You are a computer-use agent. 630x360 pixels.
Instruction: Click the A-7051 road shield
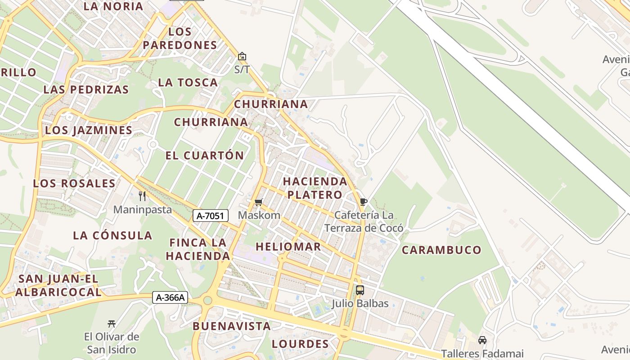coord(211,216)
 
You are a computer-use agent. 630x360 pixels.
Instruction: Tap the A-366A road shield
coord(170,297)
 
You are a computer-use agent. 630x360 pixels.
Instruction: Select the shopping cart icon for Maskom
coord(258,202)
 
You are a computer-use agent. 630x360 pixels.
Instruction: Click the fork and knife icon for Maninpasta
coord(142,196)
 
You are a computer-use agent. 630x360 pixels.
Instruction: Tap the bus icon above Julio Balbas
coord(360,290)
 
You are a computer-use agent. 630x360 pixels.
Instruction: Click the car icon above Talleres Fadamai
coord(482,340)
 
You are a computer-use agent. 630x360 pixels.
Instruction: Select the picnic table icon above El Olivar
coord(112,323)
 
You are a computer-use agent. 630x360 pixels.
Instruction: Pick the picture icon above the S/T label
coord(242,56)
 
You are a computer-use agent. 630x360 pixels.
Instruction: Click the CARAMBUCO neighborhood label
coord(441,250)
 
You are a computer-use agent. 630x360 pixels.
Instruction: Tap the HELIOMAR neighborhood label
coord(288,247)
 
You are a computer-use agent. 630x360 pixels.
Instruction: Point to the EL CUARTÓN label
coord(205,156)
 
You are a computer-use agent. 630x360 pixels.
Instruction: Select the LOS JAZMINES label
coord(89,130)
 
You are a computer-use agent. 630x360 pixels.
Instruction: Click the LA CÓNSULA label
coord(112,235)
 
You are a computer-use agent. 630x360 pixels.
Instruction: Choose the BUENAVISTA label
coord(232,326)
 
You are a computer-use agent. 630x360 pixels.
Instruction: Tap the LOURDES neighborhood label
coord(300,344)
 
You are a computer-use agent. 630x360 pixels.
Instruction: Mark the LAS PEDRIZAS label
coord(86,89)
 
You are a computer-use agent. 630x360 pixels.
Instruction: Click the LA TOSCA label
coord(188,82)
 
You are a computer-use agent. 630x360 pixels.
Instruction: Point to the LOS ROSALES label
coord(74,184)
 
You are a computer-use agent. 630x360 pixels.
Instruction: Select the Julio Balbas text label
coord(360,303)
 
